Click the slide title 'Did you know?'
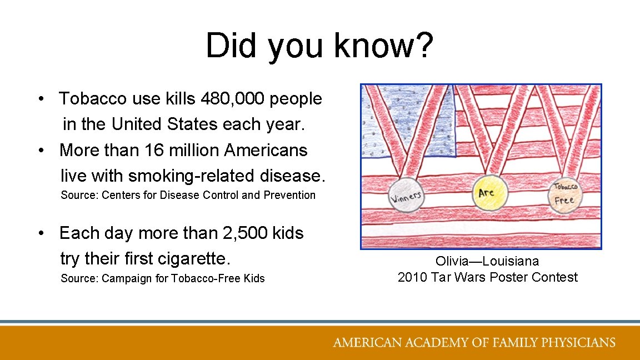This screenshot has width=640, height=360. click(x=319, y=46)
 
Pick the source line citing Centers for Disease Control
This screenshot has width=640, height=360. click(x=188, y=195)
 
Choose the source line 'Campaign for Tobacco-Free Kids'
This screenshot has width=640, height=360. click(x=162, y=278)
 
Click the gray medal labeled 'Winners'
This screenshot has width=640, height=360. click(x=406, y=196)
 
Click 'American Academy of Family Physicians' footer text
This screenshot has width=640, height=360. click(x=474, y=342)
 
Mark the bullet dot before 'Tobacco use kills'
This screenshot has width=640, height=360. click(x=42, y=99)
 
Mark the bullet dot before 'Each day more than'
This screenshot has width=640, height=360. click(x=42, y=234)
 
